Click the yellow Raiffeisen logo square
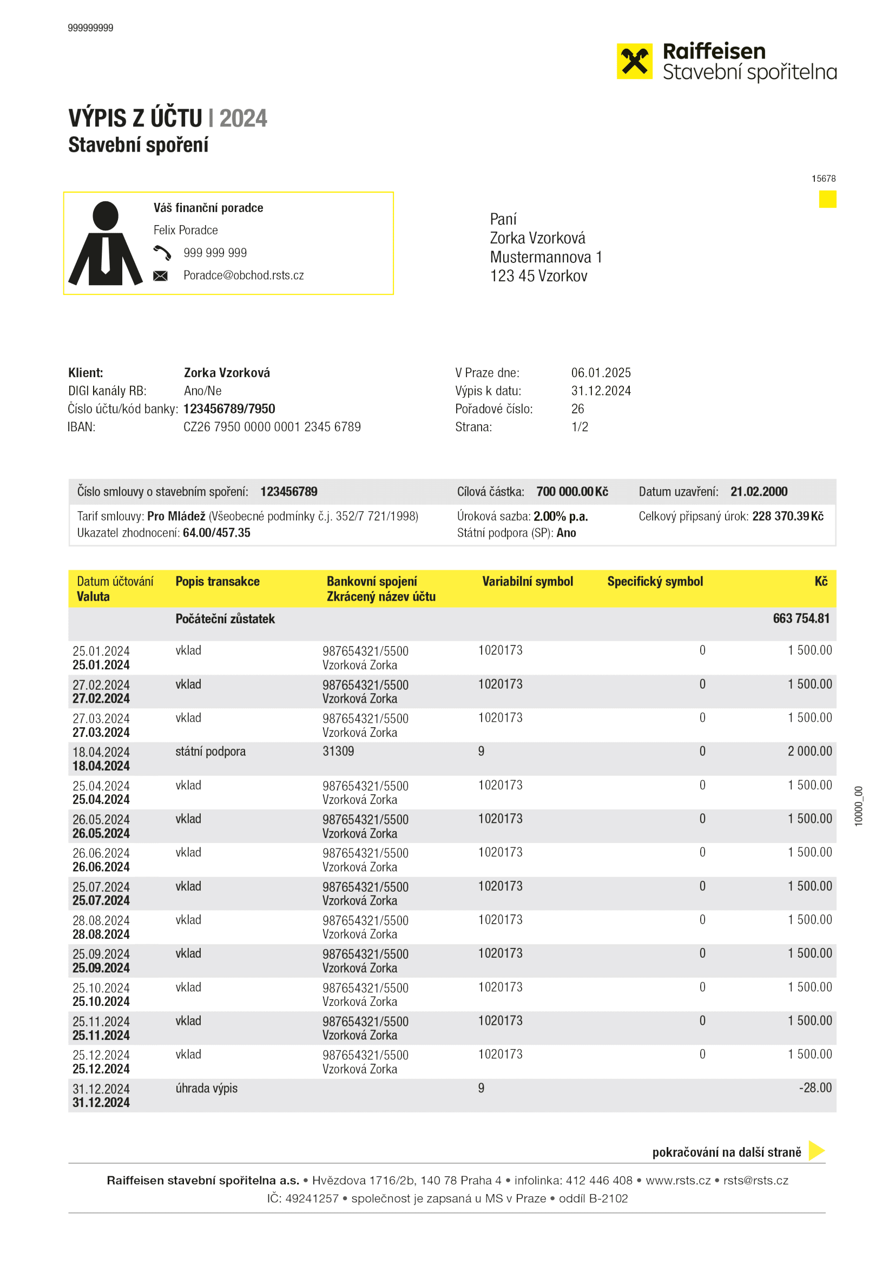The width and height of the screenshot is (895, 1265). point(634,61)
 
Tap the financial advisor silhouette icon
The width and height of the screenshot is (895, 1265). point(106,244)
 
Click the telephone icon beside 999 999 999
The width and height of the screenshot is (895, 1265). point(162,253)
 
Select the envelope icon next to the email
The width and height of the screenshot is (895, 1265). point(160,275)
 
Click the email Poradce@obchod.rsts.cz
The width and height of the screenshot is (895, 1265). point(244,275)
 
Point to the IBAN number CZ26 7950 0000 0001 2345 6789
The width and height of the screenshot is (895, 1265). point(272,427)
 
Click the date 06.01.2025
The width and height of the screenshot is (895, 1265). point(601,373)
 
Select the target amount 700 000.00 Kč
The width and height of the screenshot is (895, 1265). point(572,491)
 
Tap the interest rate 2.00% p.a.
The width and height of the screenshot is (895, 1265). point(561,516)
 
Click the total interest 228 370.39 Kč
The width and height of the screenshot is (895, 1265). point(787,516)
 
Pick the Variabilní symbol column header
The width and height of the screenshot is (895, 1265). point(528,581)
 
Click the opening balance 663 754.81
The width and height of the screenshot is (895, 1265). point(801,618)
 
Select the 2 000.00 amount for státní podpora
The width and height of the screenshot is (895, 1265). point(810,751)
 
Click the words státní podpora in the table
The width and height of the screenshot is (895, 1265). point(210,752)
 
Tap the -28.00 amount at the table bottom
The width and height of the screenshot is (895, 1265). point(815,1088)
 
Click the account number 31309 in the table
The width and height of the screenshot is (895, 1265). point(338,752)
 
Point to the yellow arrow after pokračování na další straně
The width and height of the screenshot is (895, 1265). point(816,1150)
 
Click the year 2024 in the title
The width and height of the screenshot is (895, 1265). point(243,118)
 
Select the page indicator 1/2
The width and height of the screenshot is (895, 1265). point(580,427)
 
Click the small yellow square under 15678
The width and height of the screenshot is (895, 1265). point(827,200)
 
